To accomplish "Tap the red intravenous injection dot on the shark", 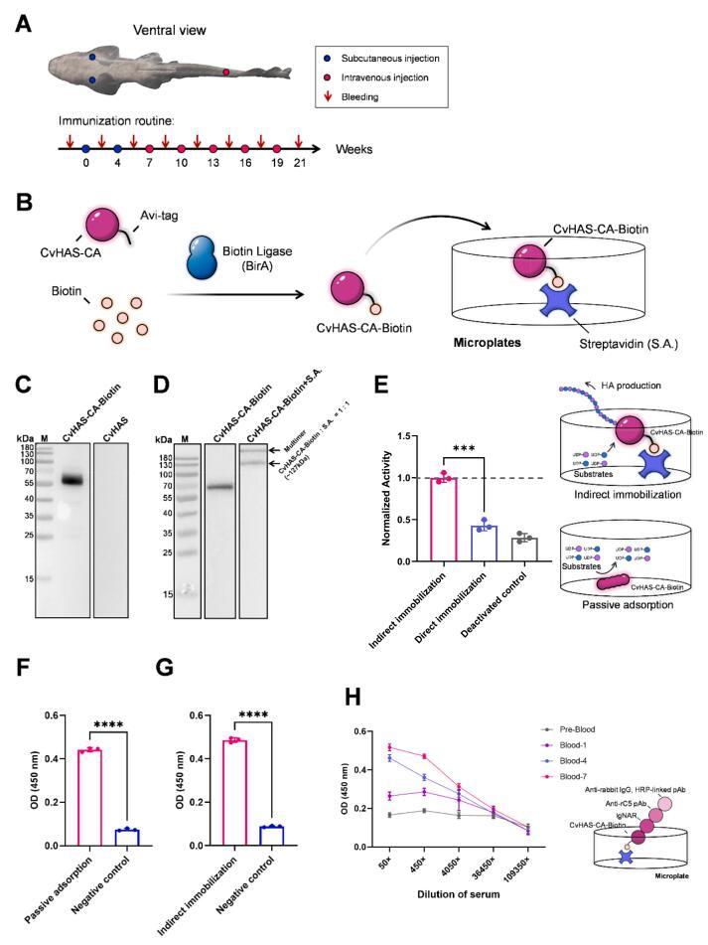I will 225,73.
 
